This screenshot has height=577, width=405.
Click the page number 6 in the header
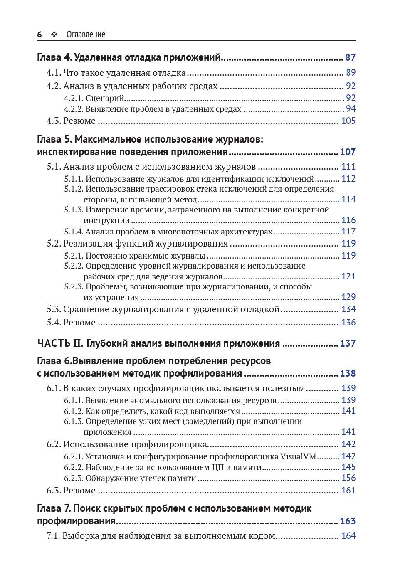(x=40, y=35)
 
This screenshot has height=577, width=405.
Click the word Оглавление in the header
(x=86, y=35)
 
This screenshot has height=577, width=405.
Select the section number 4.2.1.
(x=74, y=98)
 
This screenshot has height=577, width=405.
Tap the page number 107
(x=348, y=152)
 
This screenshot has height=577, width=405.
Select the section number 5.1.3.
(x=74, y=210)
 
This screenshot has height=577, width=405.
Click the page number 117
(x=348, y=232)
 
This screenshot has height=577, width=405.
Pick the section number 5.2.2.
(x=74, y=266)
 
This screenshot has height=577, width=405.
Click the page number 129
(x=348, y=297)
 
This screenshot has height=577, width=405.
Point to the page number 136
(x=348, y=322)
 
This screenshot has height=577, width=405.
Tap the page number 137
(x=348, y=343)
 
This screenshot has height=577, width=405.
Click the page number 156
(x=348, y=478)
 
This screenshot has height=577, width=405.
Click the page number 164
(x=348, y=536)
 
